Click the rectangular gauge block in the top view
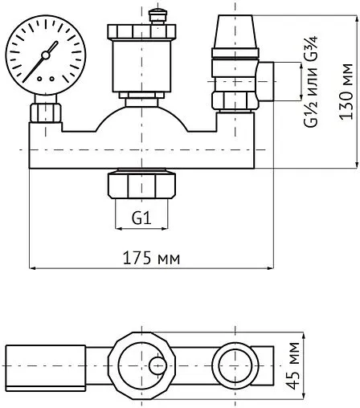(x=44, y=365)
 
